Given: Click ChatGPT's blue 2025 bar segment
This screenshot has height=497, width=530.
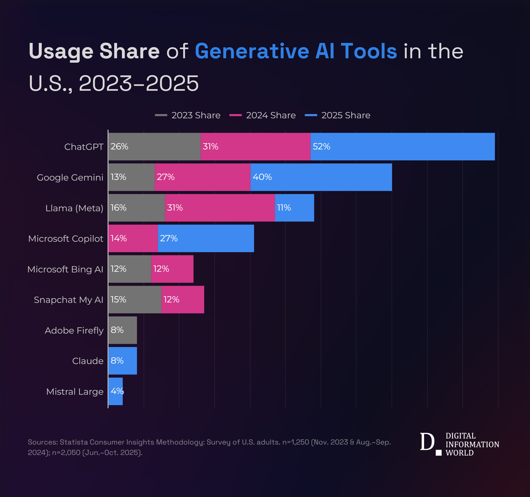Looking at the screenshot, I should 403,147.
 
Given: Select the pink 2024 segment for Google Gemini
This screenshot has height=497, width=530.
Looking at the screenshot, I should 203,177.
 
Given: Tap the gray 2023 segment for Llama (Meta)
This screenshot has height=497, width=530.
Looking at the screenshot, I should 136,208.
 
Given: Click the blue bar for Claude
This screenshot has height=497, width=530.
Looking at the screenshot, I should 123,361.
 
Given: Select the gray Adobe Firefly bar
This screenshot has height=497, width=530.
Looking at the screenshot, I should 123,330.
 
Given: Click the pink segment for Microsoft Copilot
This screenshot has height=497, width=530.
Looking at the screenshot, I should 133,238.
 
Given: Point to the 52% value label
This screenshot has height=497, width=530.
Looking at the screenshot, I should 321,147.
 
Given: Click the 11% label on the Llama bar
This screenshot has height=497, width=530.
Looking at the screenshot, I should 284,207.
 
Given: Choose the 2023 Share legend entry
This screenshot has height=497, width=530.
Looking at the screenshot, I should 188,115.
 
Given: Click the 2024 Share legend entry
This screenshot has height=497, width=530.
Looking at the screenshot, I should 263,115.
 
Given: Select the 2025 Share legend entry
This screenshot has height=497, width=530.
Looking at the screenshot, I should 337,115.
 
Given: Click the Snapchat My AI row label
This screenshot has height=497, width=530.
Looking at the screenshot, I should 69,300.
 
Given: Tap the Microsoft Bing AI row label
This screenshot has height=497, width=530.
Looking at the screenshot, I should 65,269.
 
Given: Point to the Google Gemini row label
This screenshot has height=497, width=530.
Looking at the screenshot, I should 70,177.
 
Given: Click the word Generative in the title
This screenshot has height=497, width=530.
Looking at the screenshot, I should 252,51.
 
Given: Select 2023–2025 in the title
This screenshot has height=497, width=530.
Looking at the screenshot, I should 139,83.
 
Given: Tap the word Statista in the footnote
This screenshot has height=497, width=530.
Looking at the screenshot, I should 74,442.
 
